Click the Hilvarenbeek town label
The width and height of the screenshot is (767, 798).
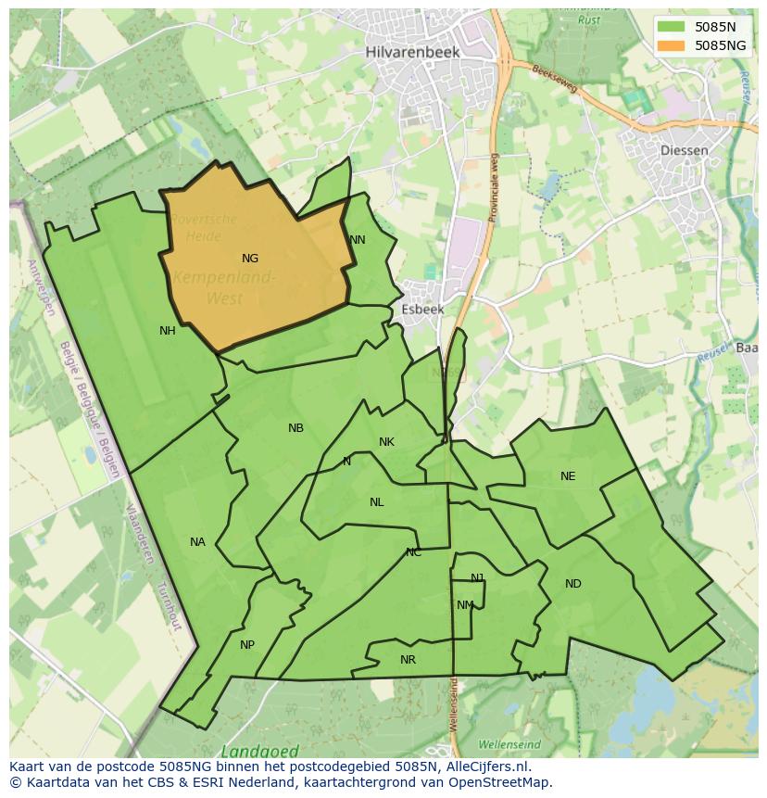(x=412, y=53)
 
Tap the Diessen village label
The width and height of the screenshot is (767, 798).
(x=685, y=150)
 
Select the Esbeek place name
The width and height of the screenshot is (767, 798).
(x=422, y=310)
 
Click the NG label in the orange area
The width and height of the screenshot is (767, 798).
(x=250, y=259)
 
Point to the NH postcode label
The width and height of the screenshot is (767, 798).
(x=168, y=331)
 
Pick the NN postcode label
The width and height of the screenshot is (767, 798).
(x=358, y=240)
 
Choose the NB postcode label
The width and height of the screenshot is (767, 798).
(x=295, y=428)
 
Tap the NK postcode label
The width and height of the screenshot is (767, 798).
(x=386, y=442)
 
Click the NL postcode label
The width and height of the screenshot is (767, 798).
(x=376, y=502)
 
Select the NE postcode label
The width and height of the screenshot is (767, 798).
(x=568, y=476)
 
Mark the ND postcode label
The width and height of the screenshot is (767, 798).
(x=573, y=584)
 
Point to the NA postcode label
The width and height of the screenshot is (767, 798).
(x=197, y=542)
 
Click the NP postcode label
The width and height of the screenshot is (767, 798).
(x=247, y=645)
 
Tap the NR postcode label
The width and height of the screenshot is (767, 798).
(x=408, y=660)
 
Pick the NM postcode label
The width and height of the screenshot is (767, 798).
(x=465, y=605)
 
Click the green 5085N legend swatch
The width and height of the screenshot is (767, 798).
(x=672, y=27)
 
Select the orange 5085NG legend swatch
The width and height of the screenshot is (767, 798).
(x=672, y=44)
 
